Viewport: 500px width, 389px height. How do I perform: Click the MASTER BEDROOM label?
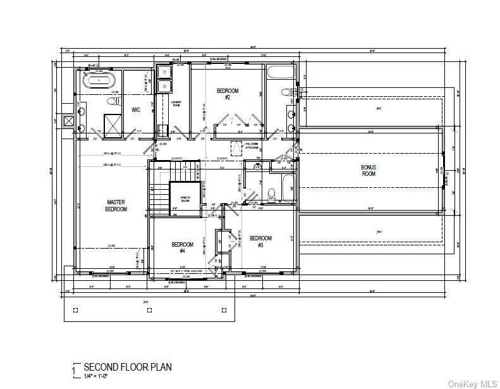click(x=116, y=206)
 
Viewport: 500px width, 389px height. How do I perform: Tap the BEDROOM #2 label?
click(x=228, y=94)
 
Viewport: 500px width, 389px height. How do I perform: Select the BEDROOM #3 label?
click(x=260, y=241)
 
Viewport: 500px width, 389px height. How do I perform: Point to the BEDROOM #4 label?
click(x=183, y=247)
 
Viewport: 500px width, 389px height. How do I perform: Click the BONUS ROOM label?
click(x=369, y=170)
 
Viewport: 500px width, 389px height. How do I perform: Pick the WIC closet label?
click(x=135, y=110)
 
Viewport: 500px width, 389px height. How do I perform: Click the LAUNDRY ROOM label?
click(x=176, y=104)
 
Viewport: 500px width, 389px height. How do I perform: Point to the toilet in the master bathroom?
click(x=113, y=101)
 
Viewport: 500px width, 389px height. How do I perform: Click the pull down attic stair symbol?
click(x=238, y=148)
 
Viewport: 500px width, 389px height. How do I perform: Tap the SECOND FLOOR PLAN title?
click(x=128, y=367)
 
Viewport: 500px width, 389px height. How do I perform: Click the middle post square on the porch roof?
click(x=149, y=310)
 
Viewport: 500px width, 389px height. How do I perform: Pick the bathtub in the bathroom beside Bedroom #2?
click(x=278, y=73)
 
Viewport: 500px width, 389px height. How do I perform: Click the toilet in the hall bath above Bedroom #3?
click(x=271, y=194)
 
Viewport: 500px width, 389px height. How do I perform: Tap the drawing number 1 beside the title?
click(x=75, y=369)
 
